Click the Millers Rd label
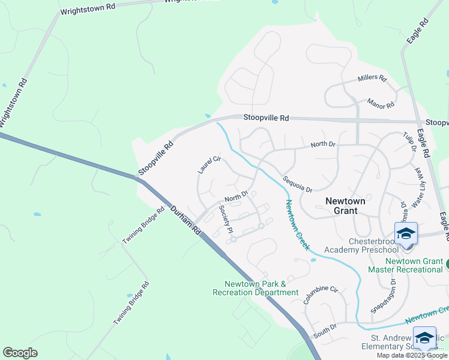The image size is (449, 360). click(372, 78)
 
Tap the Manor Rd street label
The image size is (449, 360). click(381, 103)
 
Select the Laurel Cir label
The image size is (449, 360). click(209, 165)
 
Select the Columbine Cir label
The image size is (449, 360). click(321, 295)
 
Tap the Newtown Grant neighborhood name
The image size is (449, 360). click(345, 206)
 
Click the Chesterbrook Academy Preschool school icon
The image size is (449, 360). click(406, 233)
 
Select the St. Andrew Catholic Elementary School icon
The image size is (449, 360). click(424, 338)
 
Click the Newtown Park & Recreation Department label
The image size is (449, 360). click(255, 288)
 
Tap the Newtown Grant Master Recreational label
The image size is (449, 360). click(414, 265)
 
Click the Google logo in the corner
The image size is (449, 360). click(20, 353)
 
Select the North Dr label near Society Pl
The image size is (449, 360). click(237, 196)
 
